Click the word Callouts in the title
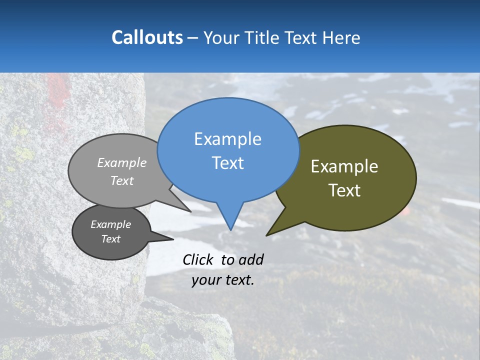pos(147,37)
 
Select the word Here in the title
pos(342,37)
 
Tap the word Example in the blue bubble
pos(227,139)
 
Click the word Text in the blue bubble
pos(227,162)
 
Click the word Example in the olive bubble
pos(344,166)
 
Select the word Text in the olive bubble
pos(344,190)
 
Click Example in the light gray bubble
pos(122,162)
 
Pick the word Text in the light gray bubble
pos(122,180)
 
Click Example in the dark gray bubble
pos(110,224)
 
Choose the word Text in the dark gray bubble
pos(110,239)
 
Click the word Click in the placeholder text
pos(198,259)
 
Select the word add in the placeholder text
pos(251,259)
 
